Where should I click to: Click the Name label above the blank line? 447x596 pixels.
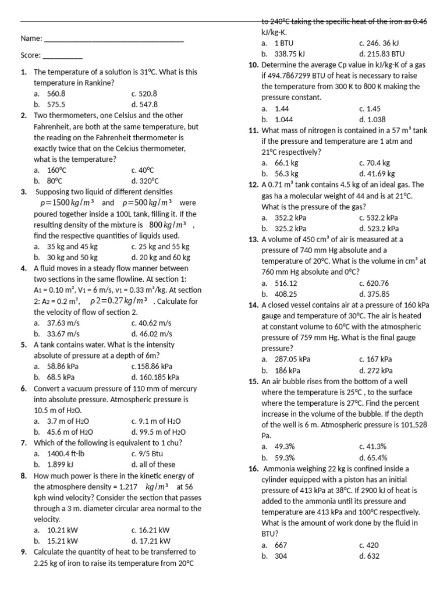pyautogui.click(x=31, y=38)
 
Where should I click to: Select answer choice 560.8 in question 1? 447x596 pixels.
pyautogui.click(x=56, y=93)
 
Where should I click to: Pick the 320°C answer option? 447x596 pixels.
pyautogui.click(x=145, y=180)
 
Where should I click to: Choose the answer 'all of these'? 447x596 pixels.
pyautogui.click(x=158, y=464)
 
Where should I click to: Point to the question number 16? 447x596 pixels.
pyautogui.click(x=253, y=469)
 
